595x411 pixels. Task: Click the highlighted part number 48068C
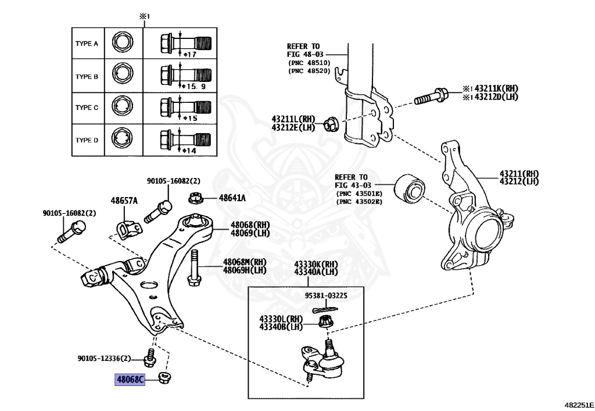coord(130,379)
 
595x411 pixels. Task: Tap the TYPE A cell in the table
coord(87,44)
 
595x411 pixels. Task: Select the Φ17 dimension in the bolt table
coord(189,54)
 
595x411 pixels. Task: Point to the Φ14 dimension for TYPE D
coord(189,151)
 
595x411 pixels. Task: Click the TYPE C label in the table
coord(87,108)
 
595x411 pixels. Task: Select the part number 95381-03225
coord(326,295)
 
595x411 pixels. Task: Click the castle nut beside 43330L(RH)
coord(325,321)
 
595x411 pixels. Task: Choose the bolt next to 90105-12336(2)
coord(150,358)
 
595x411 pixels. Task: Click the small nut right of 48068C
coord(164,378)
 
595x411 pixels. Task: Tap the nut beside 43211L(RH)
coord(331,124)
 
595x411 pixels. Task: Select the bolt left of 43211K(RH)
coord(431,96)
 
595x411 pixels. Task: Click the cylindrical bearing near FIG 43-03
coord(410,188)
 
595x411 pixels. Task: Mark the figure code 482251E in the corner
coord(579,405)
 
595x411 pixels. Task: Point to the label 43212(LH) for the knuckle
coord(519,181)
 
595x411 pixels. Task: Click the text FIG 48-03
coord(305,54)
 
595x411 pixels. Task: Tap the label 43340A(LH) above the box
coord(316,272)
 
